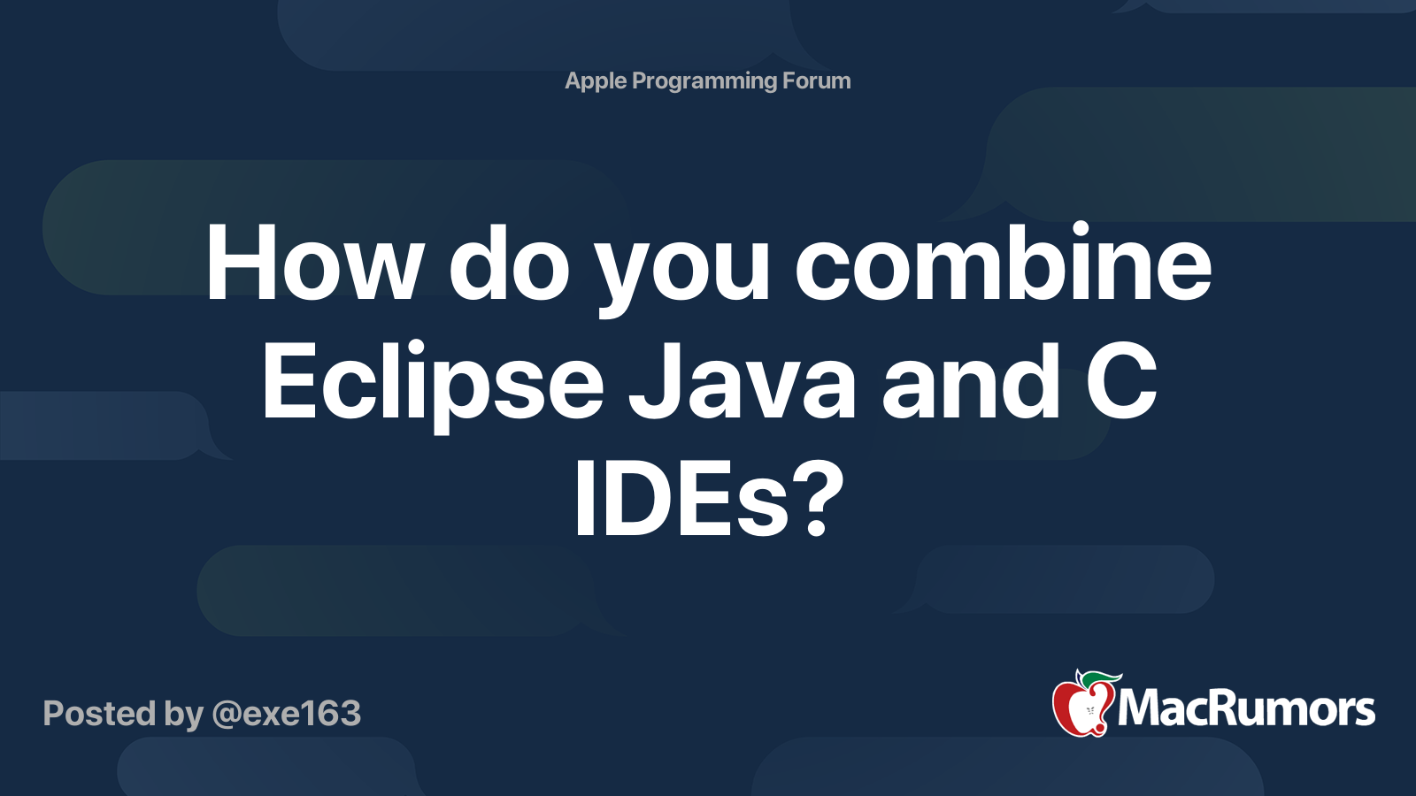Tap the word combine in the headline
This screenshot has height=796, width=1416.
1003,264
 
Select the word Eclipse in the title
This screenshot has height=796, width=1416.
433,383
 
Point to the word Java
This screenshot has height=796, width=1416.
742,383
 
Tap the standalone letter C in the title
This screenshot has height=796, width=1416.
1121,383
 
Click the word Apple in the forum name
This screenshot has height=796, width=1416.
596,80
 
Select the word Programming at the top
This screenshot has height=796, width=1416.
704,80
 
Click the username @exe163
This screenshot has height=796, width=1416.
287,714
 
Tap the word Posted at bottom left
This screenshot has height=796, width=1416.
99,714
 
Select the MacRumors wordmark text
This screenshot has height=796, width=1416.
1246,709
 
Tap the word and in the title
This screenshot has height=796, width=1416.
971,383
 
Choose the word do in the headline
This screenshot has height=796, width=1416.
509,264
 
